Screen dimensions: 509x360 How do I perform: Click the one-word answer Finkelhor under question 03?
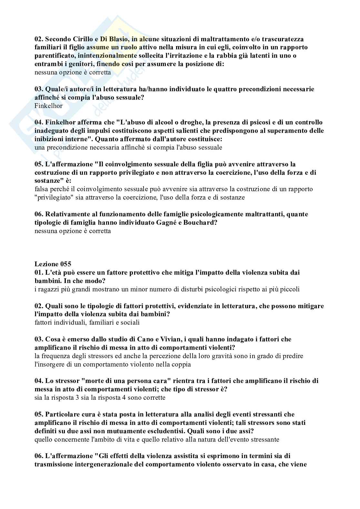tap(48, 106)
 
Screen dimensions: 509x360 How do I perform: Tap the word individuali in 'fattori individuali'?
tap(67, 322)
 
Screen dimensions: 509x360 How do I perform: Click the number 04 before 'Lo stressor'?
tap(39, 381)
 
